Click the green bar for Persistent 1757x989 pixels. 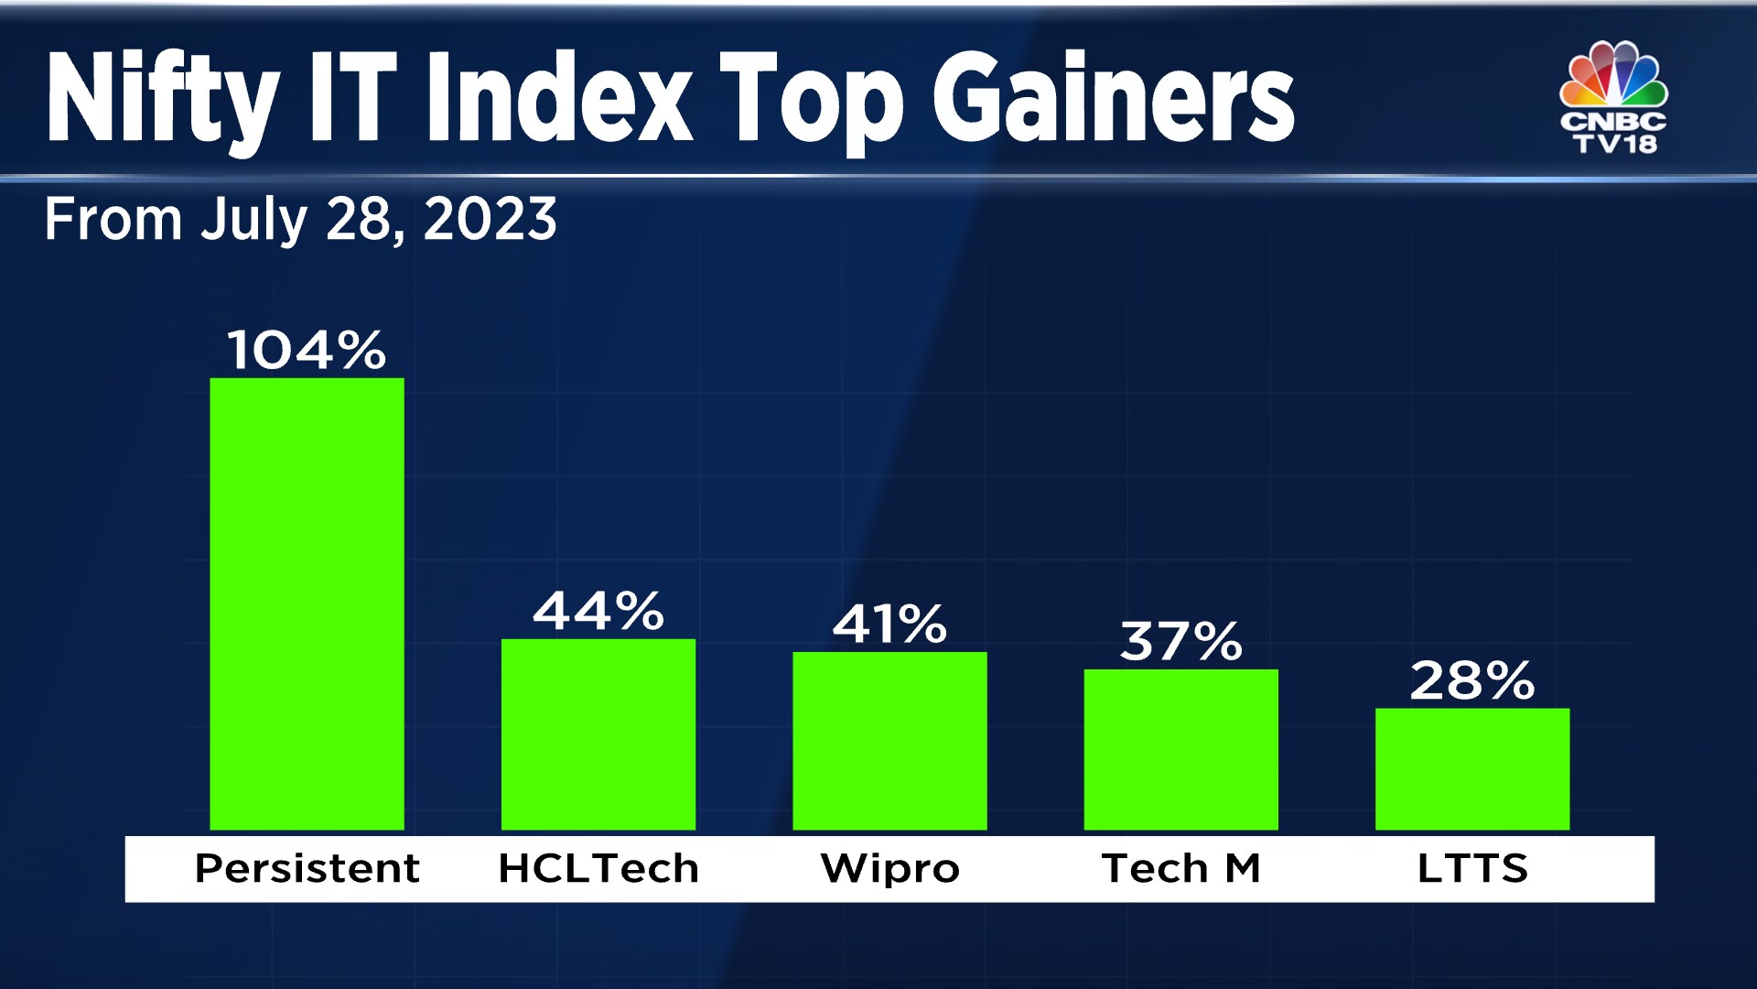click(x=307, y=604)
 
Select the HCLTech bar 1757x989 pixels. click(x=598, y=734)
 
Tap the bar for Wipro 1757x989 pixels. click(x=889, y=741)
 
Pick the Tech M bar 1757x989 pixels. click(x=1180, y=750)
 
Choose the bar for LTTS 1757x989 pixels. click(x=1471, y=769)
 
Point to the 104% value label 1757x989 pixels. click(x=307, y=350)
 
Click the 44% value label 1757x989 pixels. click(x=598, y=611)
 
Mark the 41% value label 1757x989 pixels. click(x=889, y=625)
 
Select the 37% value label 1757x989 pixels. click(x=1180, y=641)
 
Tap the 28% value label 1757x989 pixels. click(x=1471, y=680)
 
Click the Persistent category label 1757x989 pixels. click(x=307, y=868)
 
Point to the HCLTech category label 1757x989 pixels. click(x=598, y=868)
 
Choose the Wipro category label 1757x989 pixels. click(x=889, y=868)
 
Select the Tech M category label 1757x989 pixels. click(x=1180, y=868)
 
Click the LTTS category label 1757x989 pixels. click(x=1471, y=868)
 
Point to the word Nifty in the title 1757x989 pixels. click(x=162, y=99)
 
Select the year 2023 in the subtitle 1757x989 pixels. click(x=490, y=220)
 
